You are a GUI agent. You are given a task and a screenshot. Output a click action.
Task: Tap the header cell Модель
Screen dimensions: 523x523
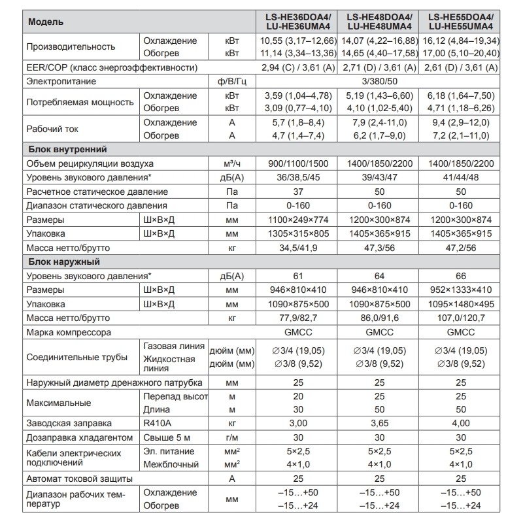point(46,22)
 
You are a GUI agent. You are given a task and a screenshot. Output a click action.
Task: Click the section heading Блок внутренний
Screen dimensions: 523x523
point(66,150)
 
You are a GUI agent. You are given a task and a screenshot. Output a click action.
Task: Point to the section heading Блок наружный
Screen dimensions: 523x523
point(63,262)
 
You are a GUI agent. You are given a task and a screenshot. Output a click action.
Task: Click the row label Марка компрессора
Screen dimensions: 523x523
point(69,332)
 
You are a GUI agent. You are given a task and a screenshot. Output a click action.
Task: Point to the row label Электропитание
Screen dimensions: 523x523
point(61,81)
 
